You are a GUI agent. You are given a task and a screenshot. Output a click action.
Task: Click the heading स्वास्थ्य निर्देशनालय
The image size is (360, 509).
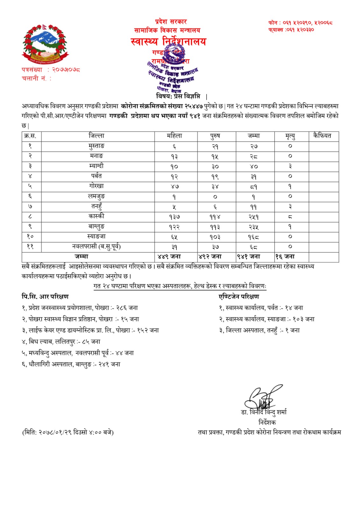[168, 41]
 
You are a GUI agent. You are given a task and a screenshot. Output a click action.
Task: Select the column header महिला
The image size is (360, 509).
[174, 136]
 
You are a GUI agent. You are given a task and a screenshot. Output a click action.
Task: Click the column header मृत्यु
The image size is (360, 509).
[290, 136]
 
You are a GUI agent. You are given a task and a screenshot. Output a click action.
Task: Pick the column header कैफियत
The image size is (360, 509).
[322, 136]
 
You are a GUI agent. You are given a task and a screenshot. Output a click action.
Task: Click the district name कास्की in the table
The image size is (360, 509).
[96, 216]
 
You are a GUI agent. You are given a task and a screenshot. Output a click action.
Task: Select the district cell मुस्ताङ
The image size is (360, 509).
[96, 146]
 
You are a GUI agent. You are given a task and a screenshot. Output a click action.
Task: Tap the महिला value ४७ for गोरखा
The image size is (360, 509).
[174, 186]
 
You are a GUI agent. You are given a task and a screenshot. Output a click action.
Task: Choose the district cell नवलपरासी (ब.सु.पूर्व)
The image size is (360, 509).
[96, 247]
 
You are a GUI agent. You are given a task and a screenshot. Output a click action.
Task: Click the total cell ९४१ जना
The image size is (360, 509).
[249, 256]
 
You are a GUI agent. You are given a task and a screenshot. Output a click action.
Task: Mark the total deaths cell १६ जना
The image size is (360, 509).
[285, 256]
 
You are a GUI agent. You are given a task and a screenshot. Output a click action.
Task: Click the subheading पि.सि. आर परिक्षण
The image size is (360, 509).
[45, 296]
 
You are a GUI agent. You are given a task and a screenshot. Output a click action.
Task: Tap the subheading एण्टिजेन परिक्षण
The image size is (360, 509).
[239, 296]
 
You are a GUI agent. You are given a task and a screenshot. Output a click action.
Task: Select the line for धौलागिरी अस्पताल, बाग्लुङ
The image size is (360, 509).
[71, 364]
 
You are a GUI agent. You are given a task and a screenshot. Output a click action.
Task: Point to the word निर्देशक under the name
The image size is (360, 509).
[267, 422]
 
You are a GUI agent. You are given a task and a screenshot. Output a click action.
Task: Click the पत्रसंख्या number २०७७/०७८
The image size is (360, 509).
[66, 69]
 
